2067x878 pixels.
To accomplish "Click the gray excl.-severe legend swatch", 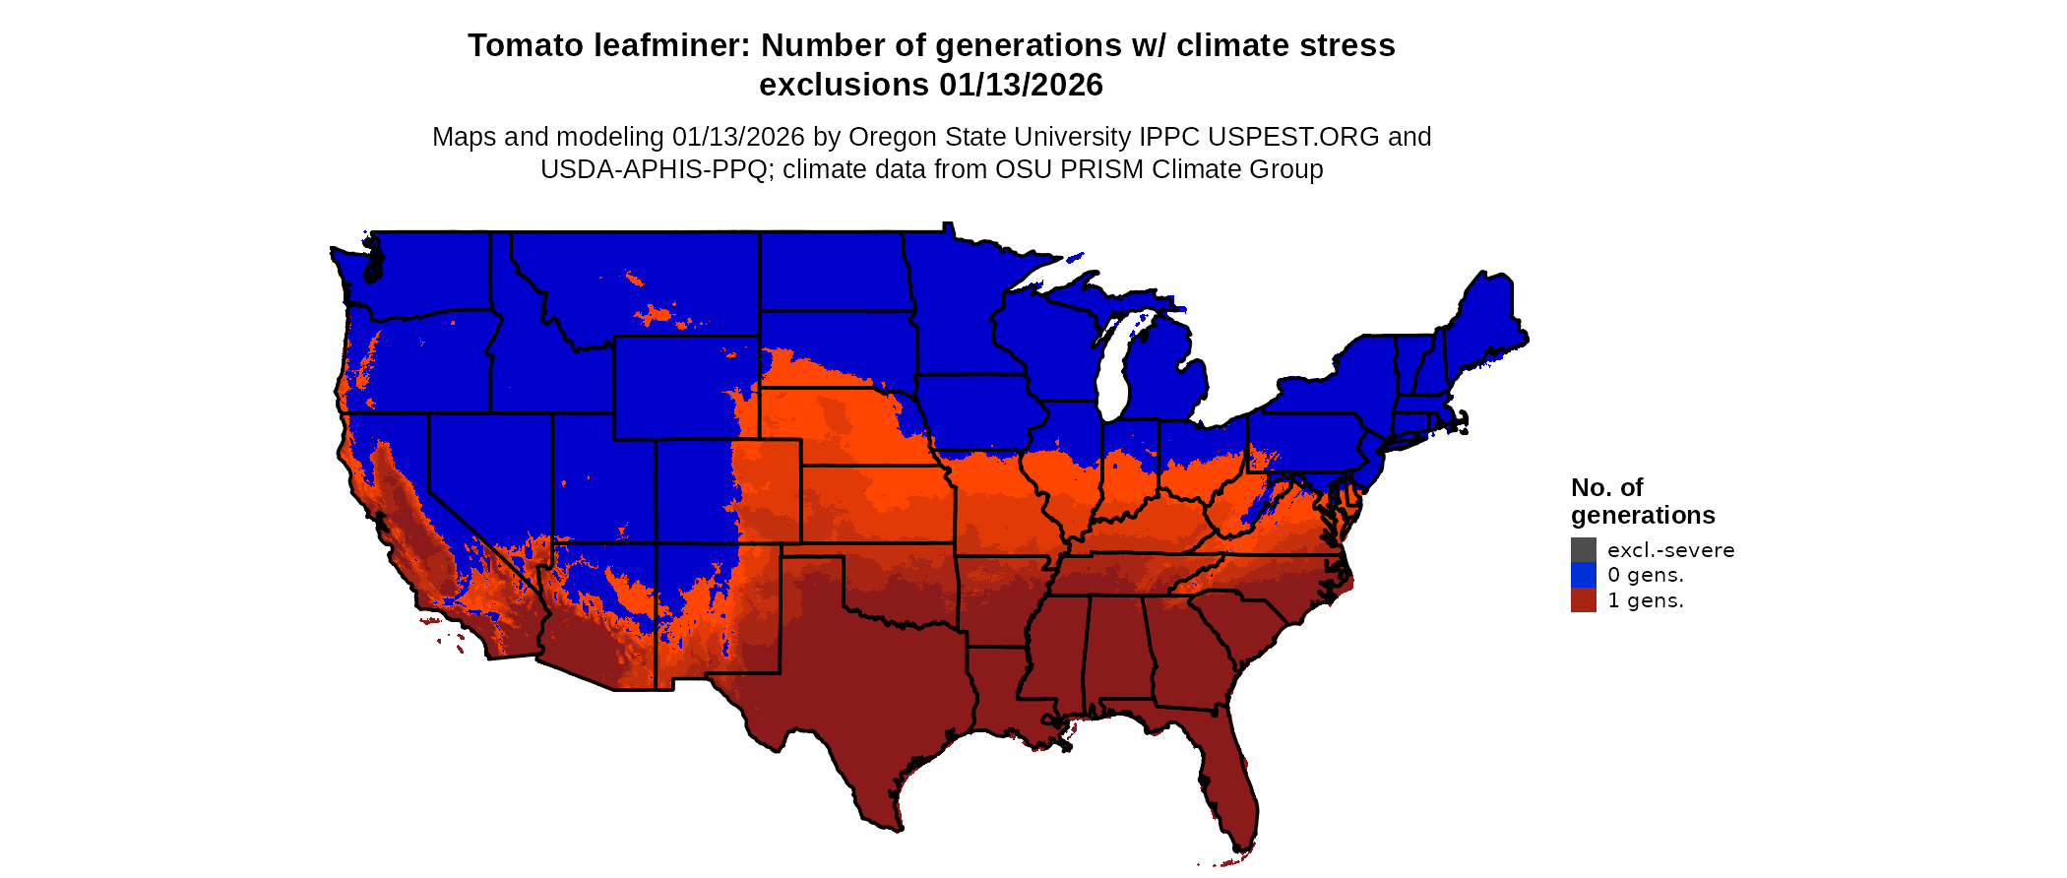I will [x=1583, y=550].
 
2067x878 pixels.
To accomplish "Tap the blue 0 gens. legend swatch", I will [x=1583, y=575].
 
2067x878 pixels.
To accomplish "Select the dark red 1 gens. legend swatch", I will [x=1583, y=600].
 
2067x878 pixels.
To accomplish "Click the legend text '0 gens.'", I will [x=1645, y=575].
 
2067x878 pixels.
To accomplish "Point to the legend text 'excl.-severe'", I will [x=1670, y=550].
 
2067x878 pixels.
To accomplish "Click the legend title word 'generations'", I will [x=1642, y=515].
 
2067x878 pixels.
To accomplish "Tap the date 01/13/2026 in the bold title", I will [x=1021, y=85].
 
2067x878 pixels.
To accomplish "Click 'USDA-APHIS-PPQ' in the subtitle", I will [x=654, y=169].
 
